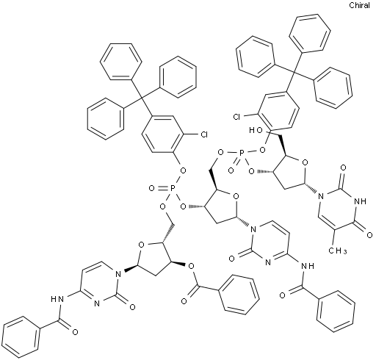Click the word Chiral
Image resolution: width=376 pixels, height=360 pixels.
359,5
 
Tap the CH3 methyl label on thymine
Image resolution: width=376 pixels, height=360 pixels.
338,251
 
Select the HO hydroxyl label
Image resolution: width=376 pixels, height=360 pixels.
255,131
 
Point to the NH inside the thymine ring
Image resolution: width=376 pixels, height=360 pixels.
361,201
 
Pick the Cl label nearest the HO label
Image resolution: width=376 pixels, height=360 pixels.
236,118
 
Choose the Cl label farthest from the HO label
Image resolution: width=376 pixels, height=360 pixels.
203,134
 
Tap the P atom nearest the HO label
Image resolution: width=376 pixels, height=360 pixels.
242,154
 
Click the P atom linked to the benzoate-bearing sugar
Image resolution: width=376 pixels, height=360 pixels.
173,188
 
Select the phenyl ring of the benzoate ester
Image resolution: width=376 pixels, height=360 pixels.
239,294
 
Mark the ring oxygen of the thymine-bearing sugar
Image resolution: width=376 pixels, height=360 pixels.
305,162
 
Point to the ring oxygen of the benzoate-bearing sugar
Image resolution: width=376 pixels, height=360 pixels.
141,245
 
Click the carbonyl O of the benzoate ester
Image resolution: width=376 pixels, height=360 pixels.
184,301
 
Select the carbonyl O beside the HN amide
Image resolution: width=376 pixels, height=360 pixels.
75,332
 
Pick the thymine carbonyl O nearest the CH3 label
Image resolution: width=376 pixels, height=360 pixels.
369,235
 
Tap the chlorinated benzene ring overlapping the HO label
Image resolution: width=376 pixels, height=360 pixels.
279,110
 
